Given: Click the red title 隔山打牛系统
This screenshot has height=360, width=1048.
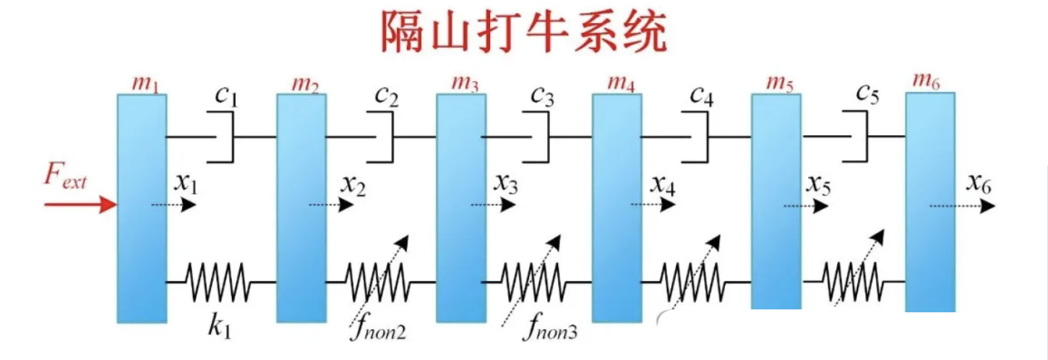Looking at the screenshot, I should (x=523, y=33).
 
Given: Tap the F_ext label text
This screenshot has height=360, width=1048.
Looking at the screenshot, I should (x=65, y=178).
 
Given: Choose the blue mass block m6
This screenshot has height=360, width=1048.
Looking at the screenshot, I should (x=930, y=202).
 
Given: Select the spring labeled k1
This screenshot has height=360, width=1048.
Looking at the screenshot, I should (x=220, y=280).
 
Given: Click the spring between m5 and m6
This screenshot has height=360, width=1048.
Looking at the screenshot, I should (x=853, y=280).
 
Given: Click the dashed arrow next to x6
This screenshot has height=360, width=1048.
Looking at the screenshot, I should (x=961, y=207).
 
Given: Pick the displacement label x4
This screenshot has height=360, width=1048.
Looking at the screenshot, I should (x=663, y=186).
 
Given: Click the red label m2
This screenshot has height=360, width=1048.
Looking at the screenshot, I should (x=306, y=85).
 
